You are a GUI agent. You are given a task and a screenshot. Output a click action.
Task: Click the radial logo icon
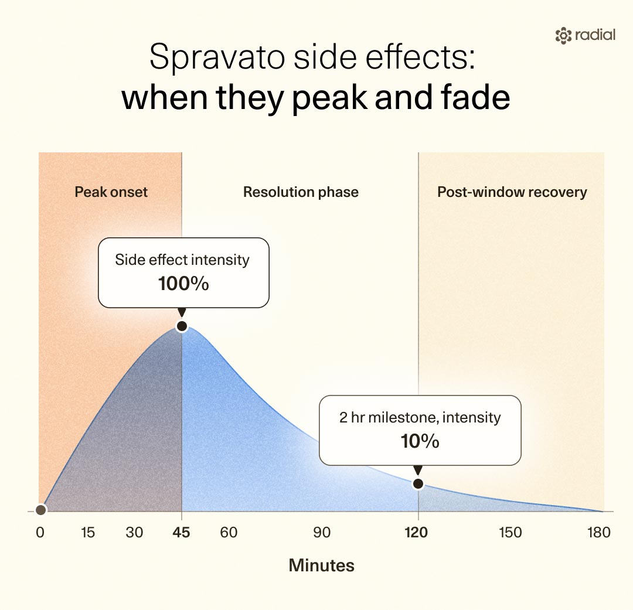click(563, 36)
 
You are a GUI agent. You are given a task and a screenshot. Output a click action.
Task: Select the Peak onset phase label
click(111, 192)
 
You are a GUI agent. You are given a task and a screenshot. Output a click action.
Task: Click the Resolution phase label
click(301, 192)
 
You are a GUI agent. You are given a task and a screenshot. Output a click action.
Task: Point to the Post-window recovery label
click(512, 192)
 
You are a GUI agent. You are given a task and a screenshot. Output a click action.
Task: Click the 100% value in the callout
click(183, 284)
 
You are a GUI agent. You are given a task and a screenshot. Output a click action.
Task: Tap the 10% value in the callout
click(420, 441)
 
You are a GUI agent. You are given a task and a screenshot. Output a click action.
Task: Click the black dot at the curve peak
click(182, 326)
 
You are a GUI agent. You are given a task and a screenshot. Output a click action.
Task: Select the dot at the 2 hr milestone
click(418, 483)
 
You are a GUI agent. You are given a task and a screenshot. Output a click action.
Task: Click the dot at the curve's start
click(40, 510)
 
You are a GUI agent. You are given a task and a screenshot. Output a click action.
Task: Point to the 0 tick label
click(40, 533)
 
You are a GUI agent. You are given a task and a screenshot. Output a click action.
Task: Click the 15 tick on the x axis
click(87, 533)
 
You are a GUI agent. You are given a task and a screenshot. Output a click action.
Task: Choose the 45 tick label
click(181, 533)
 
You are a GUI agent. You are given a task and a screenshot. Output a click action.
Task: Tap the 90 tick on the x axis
click(322, 533)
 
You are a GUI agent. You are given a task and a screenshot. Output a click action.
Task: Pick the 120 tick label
click(416, 533)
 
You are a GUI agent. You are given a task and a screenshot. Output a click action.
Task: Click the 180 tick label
click(599, 533)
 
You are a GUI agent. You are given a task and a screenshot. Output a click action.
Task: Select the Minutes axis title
click(321, 565)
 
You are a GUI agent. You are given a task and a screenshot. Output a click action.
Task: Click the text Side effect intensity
click(182, 260)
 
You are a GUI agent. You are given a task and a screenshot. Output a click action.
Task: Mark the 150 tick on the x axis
click(511, 533)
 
